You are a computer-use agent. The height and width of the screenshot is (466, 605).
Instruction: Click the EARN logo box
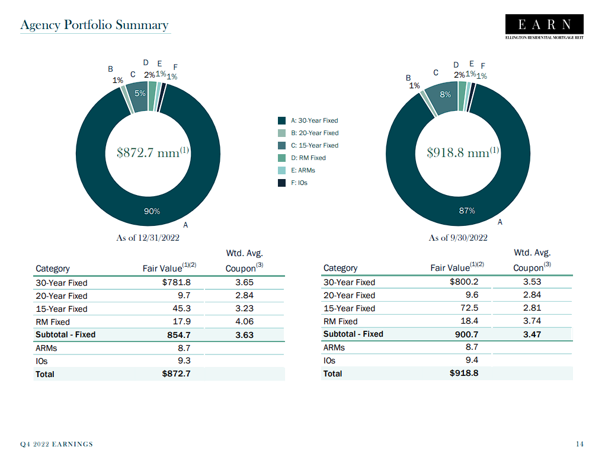tap(544, 25)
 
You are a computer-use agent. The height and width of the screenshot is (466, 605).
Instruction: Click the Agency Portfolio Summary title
tap(94, 25)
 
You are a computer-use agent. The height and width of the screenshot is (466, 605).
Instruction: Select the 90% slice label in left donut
tap(152, 212)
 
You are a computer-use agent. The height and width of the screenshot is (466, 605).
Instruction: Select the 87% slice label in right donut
tap(467, 210)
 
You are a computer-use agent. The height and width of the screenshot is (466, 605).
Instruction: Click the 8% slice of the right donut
tap(445, 95)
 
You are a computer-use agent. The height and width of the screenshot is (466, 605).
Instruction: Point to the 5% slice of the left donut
tap(140, 94)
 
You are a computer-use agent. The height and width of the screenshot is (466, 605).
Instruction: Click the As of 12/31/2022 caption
tap(148, 238)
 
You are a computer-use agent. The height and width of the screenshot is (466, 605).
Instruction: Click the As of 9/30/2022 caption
tap(458, 238)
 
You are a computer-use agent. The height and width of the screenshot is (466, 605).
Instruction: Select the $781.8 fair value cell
tap(176, 283)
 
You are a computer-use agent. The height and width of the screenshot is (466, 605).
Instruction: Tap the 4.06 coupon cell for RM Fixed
tap(244, 321)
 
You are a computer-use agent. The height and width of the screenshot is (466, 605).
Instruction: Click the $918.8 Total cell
tap(464, 374)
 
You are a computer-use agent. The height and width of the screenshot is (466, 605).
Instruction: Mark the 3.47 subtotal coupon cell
tap(532, 334)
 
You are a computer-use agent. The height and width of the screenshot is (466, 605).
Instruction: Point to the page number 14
tap(580, 444)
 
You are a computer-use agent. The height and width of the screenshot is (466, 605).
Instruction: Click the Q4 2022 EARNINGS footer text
tap(57, 444)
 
